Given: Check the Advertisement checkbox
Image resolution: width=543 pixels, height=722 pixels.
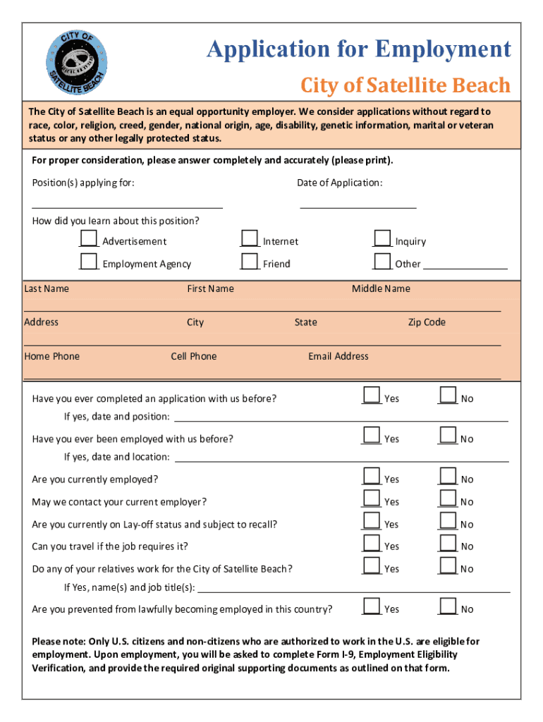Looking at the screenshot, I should point(89,238).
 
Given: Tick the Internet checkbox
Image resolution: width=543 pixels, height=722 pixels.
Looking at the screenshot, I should point(250,238).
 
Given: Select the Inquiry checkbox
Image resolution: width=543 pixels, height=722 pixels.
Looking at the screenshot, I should point(382,238).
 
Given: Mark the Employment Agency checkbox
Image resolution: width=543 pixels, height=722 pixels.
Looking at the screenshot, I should point(89,261).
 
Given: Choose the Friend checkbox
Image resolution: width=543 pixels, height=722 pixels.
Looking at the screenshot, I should point(250,261).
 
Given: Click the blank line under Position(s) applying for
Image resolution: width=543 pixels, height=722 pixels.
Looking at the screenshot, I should point(128,207).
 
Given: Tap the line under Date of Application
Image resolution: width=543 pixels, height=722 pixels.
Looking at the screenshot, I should point(358,207).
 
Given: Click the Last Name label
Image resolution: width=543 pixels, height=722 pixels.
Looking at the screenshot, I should point(47,288).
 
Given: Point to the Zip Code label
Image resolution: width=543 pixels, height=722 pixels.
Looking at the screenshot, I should point(427,322).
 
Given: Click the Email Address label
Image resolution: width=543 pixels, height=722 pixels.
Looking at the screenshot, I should point(338,356).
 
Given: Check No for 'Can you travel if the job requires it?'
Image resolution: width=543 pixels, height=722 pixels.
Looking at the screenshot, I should point(448,543).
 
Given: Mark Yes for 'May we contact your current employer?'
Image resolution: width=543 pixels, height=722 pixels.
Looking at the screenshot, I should point(372,498).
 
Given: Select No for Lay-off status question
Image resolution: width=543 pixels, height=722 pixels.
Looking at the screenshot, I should point(448,521).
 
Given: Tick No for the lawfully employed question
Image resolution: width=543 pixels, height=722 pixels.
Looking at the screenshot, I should point(448,606).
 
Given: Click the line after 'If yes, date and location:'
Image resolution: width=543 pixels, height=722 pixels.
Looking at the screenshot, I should point(341,460).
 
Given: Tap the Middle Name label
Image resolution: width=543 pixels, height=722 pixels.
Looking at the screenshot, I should point(381,288).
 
